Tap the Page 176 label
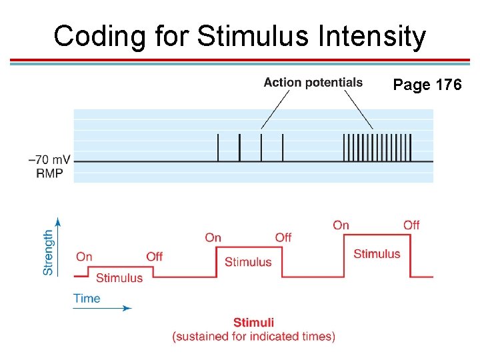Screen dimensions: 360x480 [x=427, y=85]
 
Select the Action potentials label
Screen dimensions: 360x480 [x=313, y=83]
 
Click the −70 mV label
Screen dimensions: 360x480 [x=49, y=161]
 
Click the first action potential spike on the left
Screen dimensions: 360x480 [x=218, y=147]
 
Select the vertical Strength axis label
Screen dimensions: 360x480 [x=48, y=253]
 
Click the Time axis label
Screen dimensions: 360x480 [x=87, y=298]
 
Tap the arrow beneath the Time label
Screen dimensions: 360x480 [x=103, y=308]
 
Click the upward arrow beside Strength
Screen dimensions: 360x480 [x=58, y=245]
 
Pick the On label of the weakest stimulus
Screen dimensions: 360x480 [x=84, y=257]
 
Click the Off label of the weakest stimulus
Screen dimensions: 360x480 [x=154, y=257]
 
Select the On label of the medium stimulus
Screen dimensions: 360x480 [x=213, y=237]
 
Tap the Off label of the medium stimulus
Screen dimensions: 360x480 [x=283, y=237]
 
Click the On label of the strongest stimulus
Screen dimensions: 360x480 [x=341, y=225]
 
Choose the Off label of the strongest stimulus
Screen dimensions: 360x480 [x=411, y=225]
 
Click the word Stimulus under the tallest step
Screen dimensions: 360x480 [x=377, y=253]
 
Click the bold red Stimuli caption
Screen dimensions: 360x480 [x=253, y=323]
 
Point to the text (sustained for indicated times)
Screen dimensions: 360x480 [x=253, y=337]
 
